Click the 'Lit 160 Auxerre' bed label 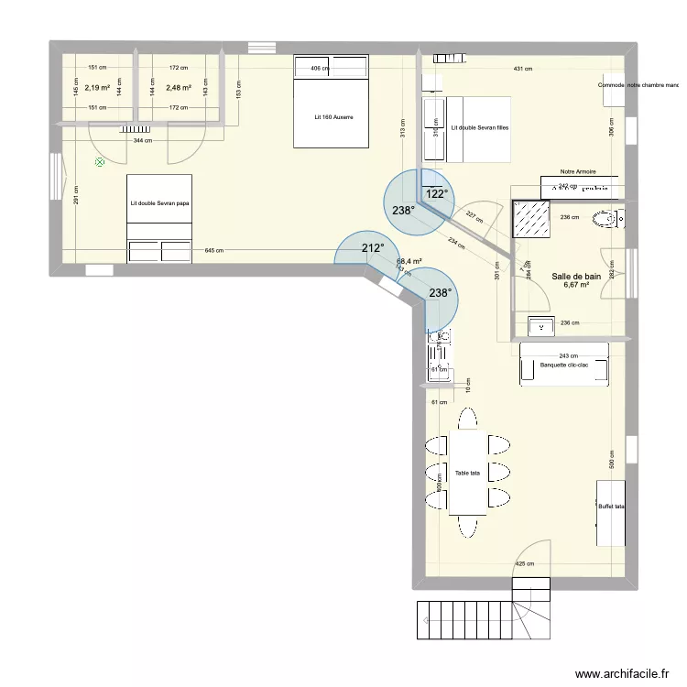331,117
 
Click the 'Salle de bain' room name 576,276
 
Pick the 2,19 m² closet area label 97,89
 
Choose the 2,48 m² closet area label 178,89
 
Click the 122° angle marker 435,194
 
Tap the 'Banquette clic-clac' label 564,365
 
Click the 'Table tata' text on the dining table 467,474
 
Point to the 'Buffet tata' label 611,507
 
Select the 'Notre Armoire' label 577,171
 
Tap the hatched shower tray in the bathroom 531,218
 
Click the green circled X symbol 99,163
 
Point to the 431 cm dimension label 522,70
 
